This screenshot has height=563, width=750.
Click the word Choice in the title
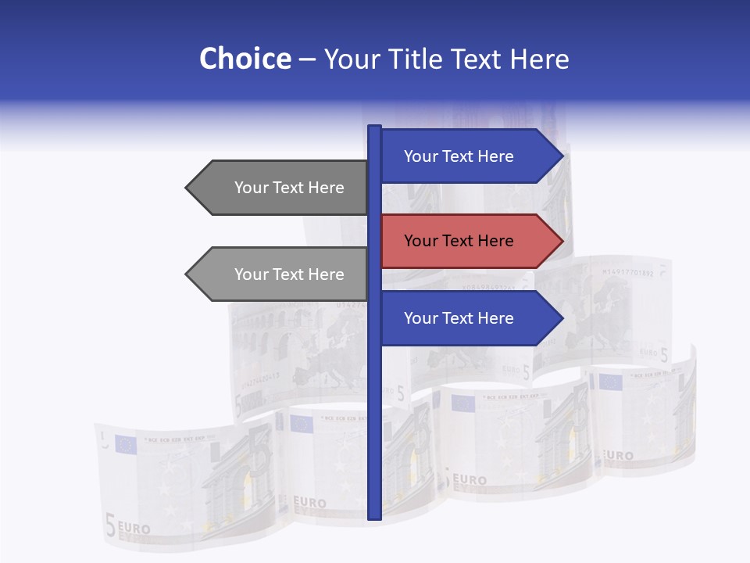click(x=245, y=59)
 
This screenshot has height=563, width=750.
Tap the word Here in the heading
click(x=539, y=59)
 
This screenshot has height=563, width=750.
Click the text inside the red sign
click(x=459, y=241)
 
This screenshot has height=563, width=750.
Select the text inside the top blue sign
click(x=459, y=156)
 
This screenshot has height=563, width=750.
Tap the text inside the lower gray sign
click(x=289, y=274)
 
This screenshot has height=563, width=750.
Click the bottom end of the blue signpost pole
click(x=374, y=516)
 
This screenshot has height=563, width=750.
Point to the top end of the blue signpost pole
click(x=374, y=128)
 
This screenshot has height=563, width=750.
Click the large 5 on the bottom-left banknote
click(x=110, y=526)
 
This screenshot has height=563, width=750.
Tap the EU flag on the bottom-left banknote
click(x=125, y=444)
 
